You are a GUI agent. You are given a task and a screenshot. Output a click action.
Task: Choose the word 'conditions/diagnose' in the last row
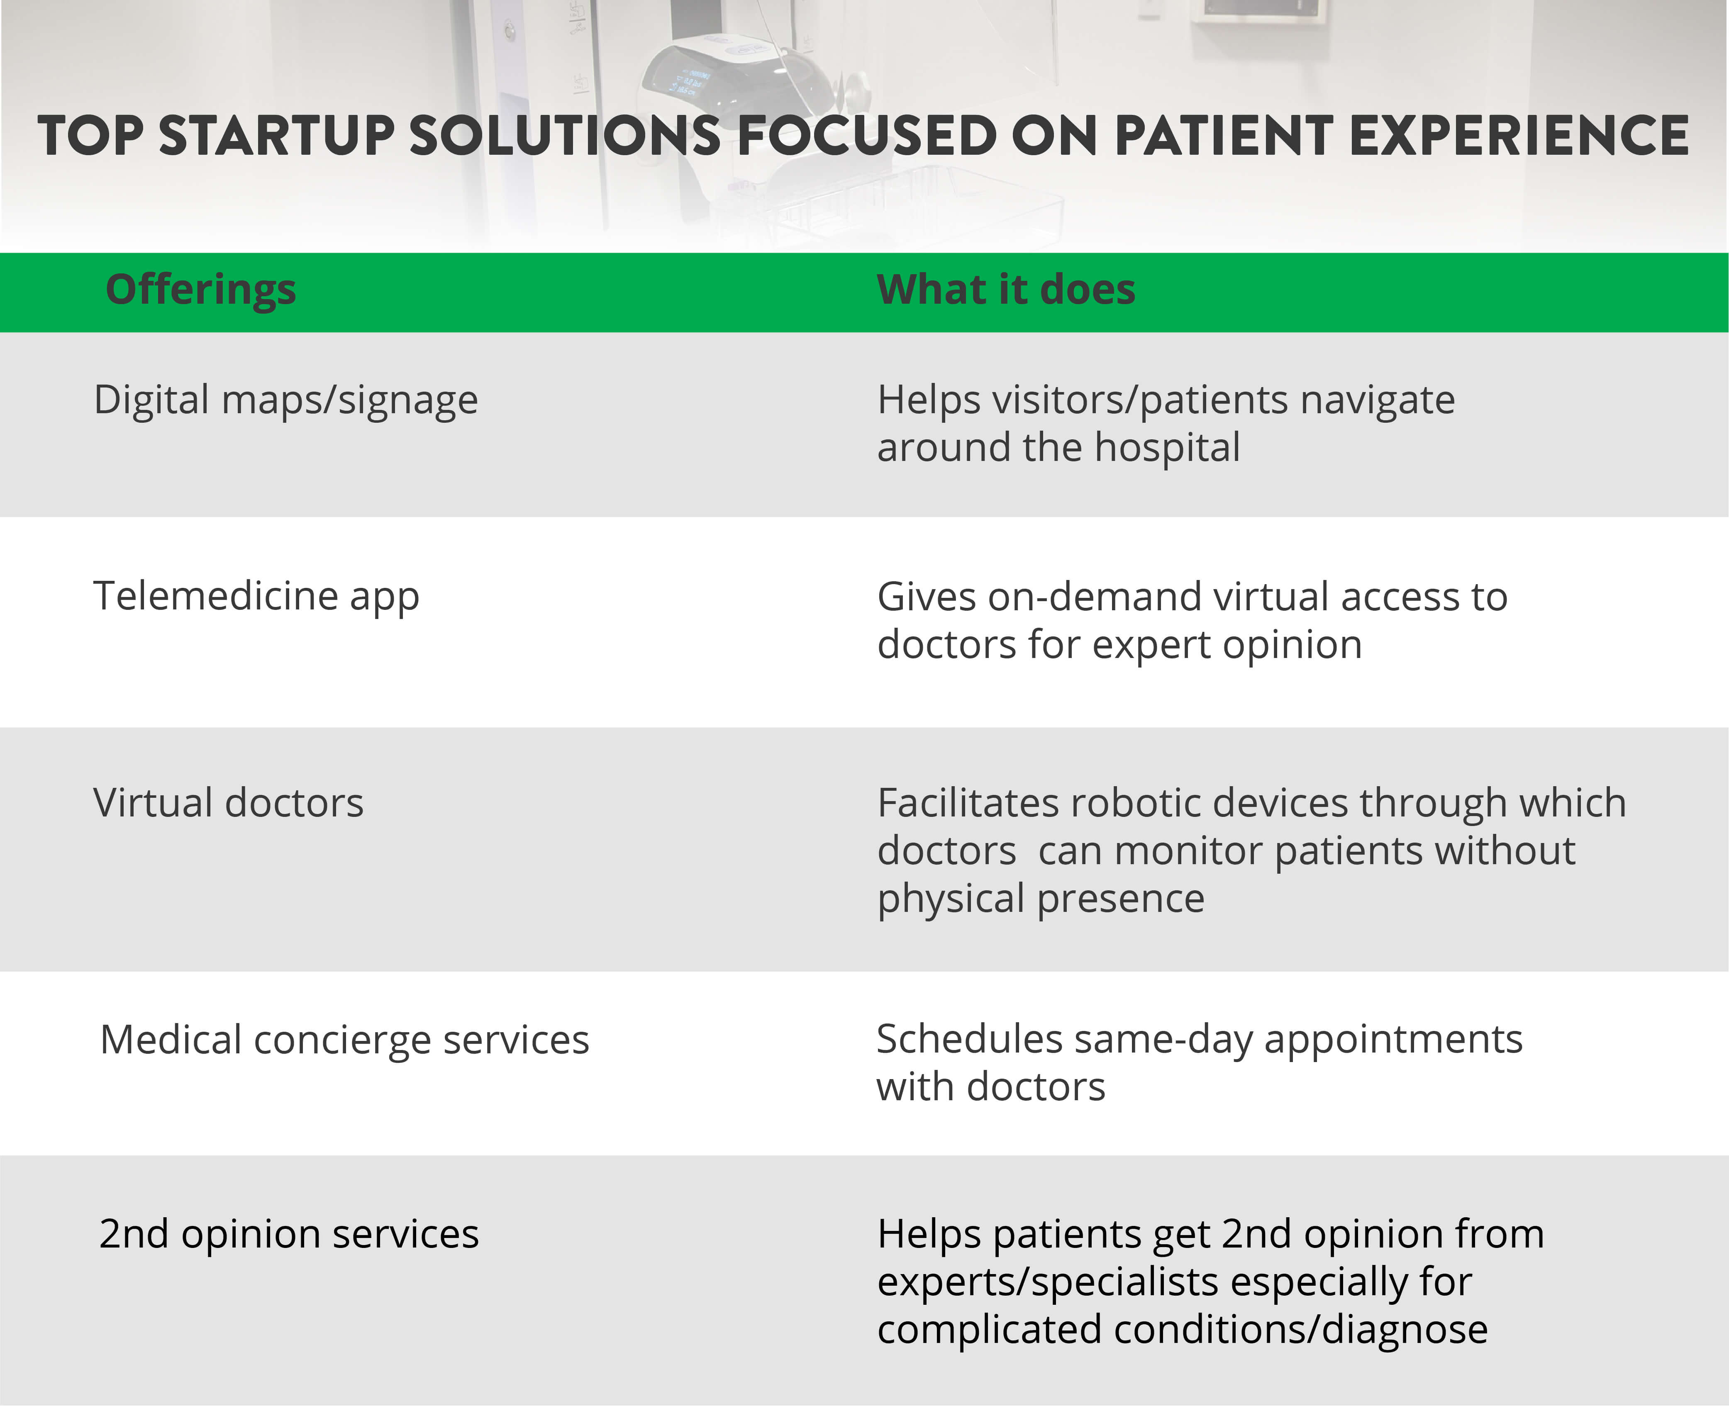(1301, 1330)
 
